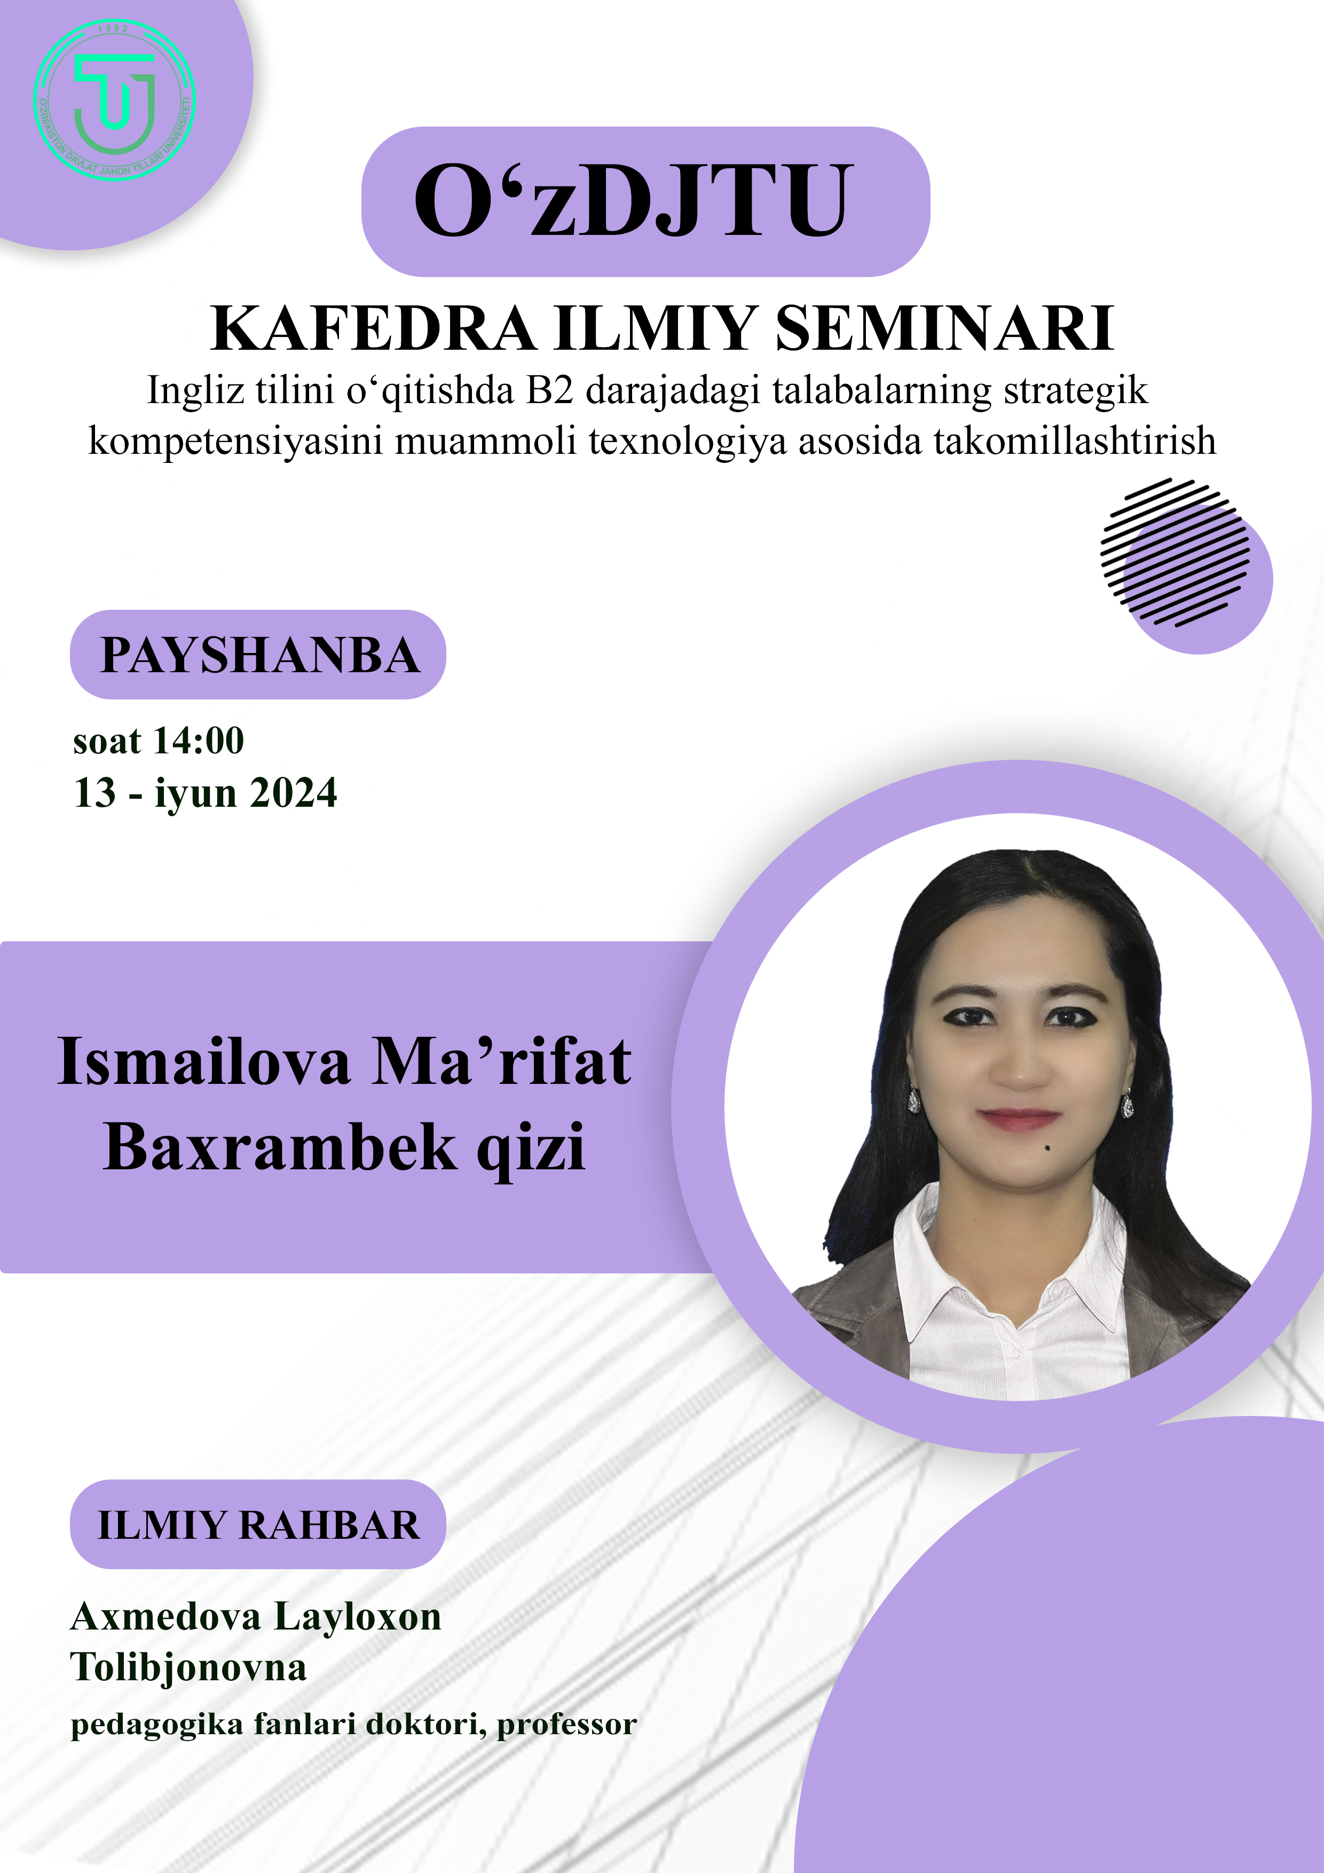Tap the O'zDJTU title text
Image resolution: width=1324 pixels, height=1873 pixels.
pos(634,201)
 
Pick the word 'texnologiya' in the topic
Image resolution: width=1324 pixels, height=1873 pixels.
pos(688,442)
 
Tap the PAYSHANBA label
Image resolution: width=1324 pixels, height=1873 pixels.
pos(259,655)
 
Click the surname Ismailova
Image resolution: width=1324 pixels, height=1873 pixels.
pos(204,1061)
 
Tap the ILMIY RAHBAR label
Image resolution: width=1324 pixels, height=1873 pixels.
pos(258,1525)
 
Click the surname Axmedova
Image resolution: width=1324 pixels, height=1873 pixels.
pos(165,1616)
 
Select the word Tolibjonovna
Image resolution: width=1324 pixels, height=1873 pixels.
pos(188,1666)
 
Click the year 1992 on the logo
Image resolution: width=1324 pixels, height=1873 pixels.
pos(113,28)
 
